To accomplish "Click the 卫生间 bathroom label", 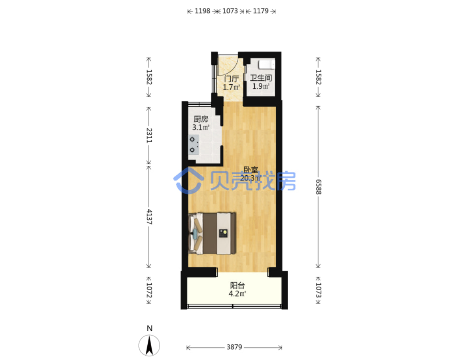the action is [261, 78].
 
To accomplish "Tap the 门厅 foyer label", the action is [231, 79].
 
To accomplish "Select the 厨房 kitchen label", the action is [201, 119].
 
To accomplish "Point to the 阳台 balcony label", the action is [237, 285].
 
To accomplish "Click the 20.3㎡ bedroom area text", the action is [251, 178].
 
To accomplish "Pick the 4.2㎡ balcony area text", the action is [237, 294].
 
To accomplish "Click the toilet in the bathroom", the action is [267, 64].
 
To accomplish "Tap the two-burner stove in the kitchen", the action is [193, 145].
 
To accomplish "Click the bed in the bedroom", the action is [212, 234].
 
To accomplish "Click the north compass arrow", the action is [149, 345].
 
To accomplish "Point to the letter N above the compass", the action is [150, 328].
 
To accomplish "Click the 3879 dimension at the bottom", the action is [234, 347].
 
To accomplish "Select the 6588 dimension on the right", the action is [319, 187].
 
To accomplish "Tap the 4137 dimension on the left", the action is [149, 217].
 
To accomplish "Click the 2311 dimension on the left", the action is [149, 135].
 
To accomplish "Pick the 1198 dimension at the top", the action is [202, 11].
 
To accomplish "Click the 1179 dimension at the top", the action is [261, 11].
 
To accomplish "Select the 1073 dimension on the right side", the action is [319, 290].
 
